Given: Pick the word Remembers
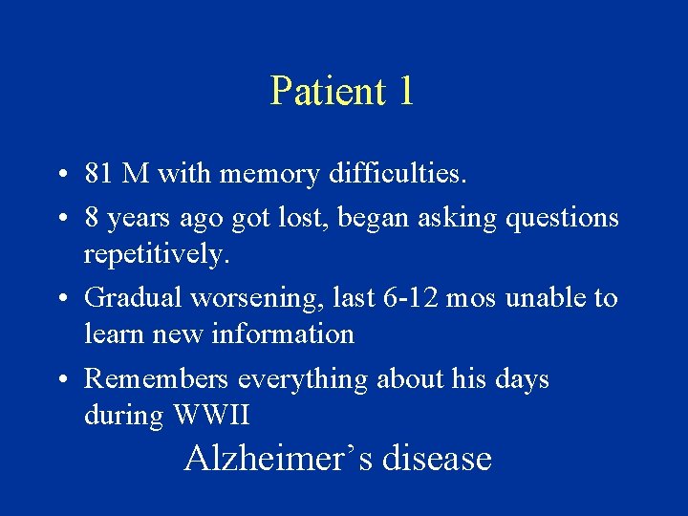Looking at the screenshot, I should (157, 379).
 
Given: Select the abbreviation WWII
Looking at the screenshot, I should (210, 416).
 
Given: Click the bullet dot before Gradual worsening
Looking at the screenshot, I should (60, 299).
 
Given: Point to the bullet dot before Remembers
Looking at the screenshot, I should (60, 380).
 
